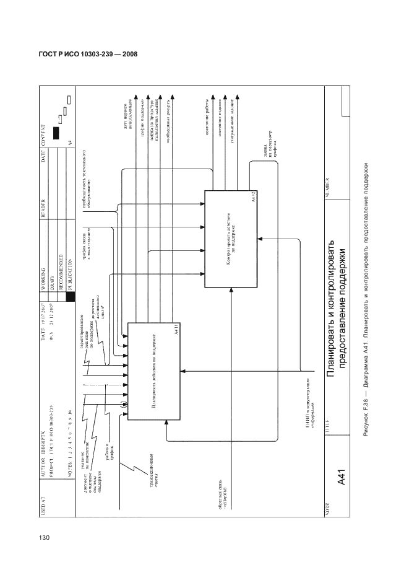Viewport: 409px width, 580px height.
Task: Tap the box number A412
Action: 254,198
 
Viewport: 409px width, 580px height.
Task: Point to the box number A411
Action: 176,329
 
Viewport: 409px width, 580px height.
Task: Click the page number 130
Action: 43,537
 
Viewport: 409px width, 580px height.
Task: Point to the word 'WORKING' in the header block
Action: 43,275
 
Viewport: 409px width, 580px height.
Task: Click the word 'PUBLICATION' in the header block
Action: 69,270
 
